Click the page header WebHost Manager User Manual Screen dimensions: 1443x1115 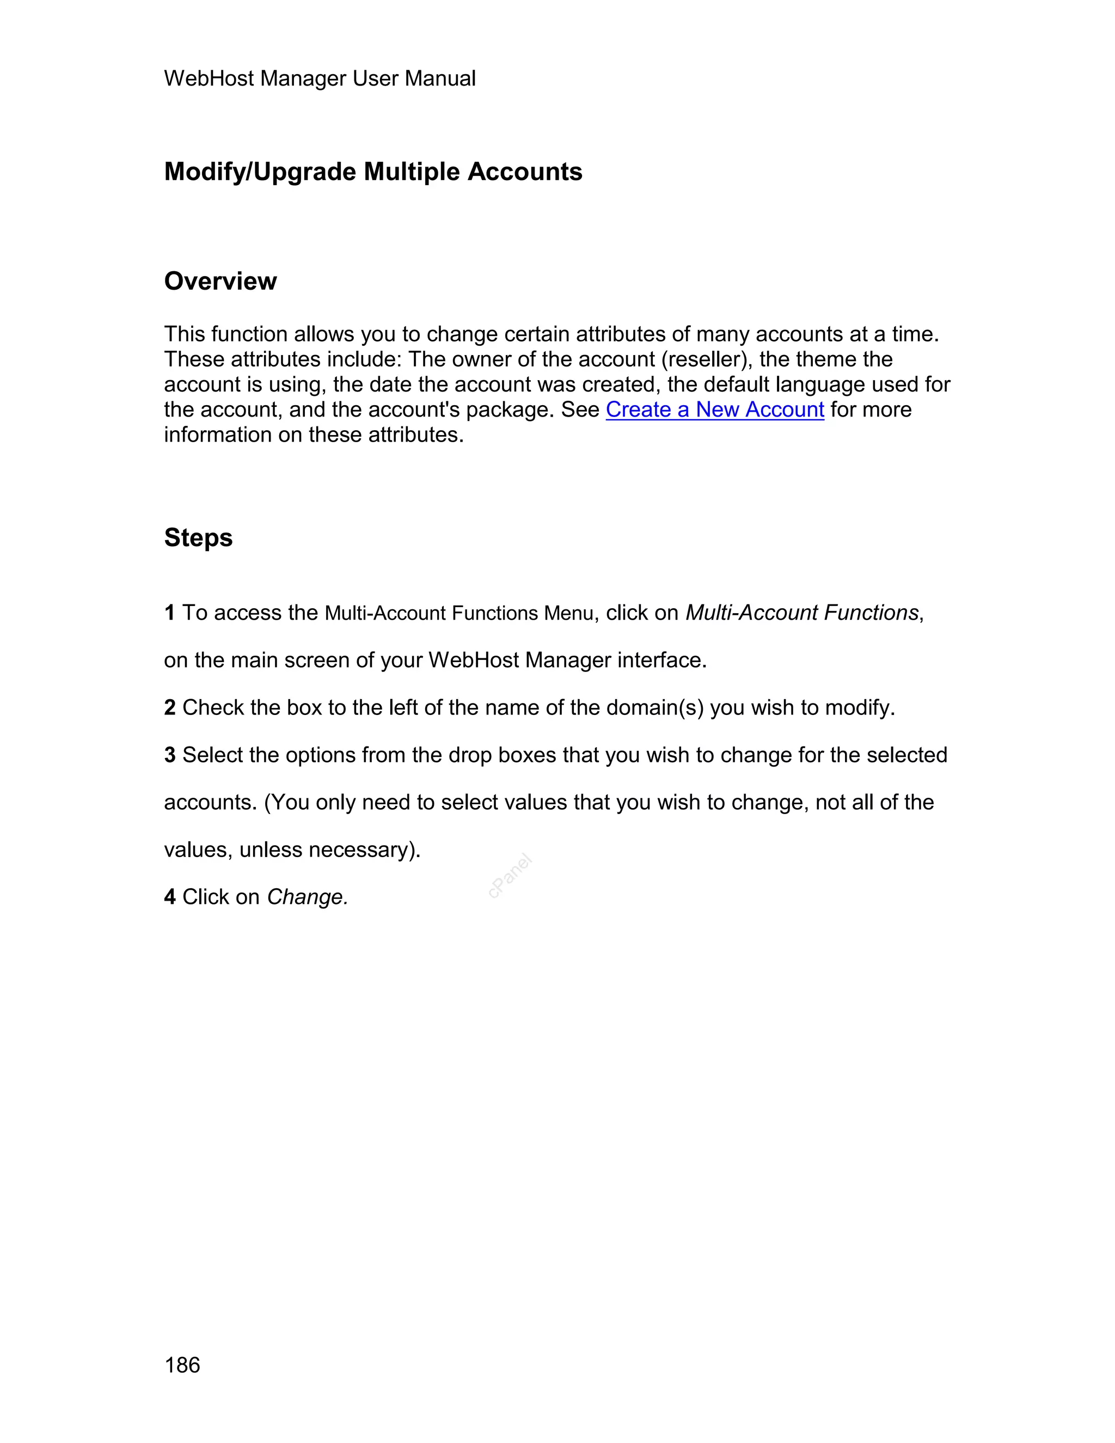tap(319, 78)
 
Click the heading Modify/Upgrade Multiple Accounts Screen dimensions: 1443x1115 tap(372, 172)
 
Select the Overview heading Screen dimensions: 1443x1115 tap(220, 282)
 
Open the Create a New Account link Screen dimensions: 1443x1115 tap(714, 409)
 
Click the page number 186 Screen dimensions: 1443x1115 tap(182, 1365)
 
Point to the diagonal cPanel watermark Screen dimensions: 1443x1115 tap(510, 876)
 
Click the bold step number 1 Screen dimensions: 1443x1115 tap(170, 613)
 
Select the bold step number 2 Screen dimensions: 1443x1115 tap(170, 708)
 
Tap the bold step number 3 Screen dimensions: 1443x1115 tap(170, 755)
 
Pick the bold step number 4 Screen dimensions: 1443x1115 tap(170, 897)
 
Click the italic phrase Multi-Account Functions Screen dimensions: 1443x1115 tap(802, 613)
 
